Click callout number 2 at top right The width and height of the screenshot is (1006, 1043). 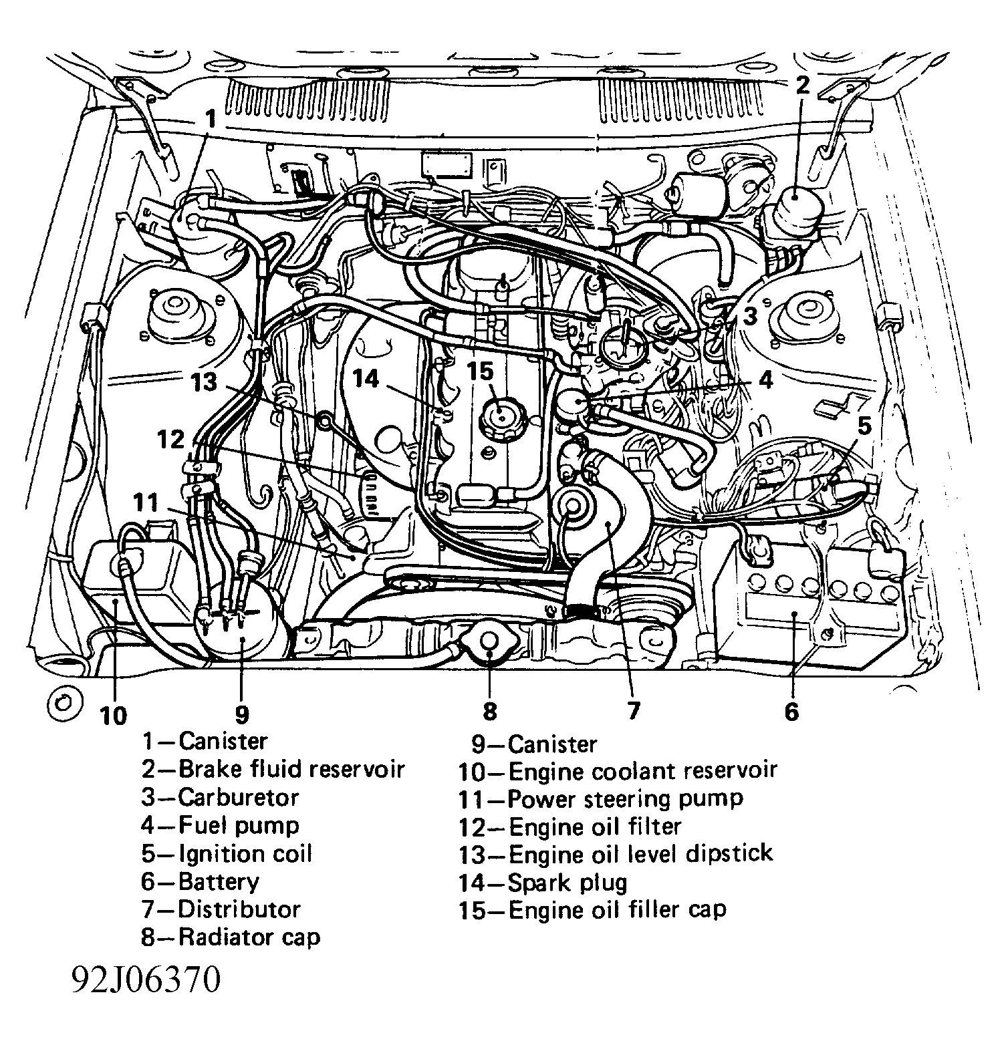click(802, 85)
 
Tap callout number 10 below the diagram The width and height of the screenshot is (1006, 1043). click(113, 716)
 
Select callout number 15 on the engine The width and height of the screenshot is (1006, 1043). click(480, 371)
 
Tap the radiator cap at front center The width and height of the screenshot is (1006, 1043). click(489, 641)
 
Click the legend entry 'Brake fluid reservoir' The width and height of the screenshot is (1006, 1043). click(273, 769)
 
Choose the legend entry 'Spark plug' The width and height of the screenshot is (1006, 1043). click(543, 883)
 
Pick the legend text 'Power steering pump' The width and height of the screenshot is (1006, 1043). click(600, 798)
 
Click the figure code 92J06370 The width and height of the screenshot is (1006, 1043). click(146, 981)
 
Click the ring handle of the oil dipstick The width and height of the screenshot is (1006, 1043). click(325, 420)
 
